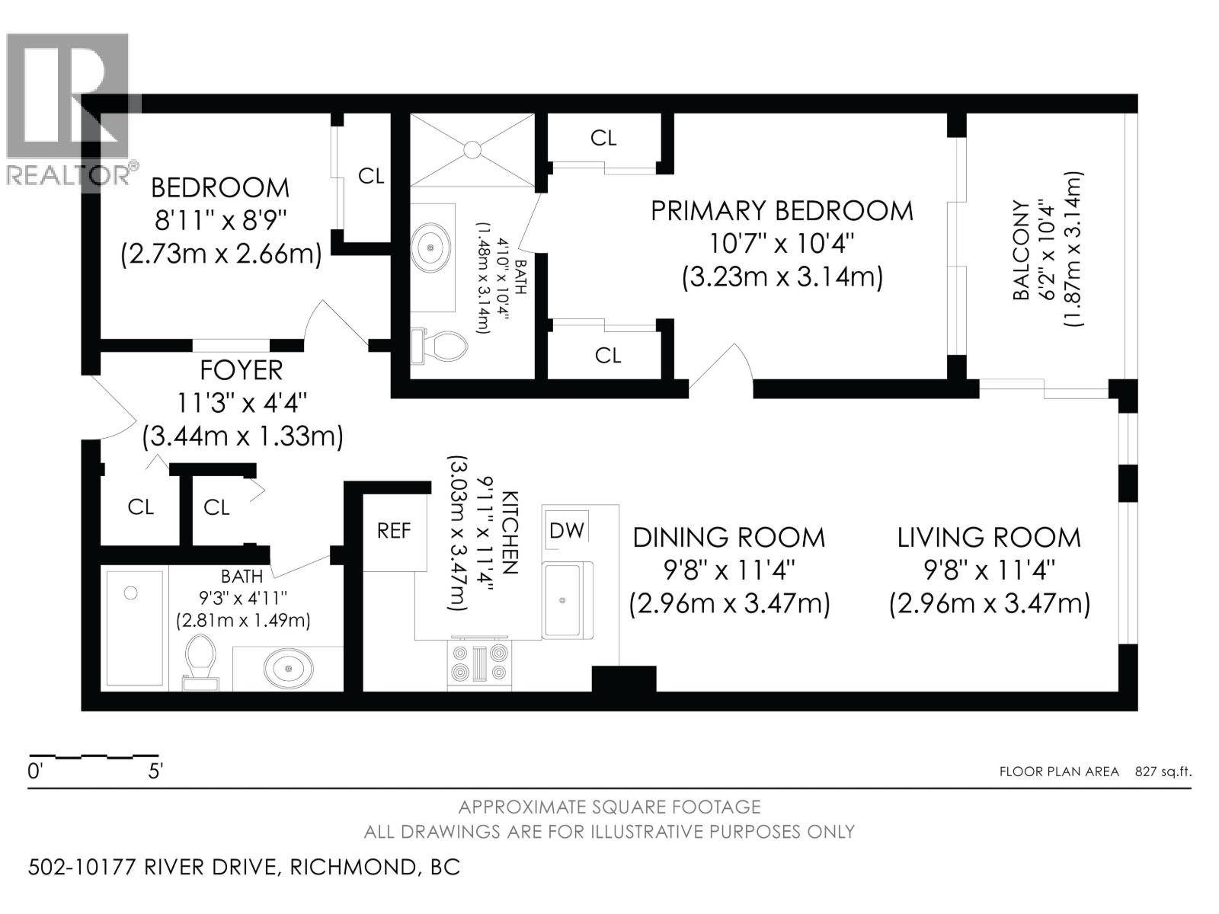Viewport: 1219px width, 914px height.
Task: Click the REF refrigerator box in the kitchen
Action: pyautogui.click(x=394, y=532)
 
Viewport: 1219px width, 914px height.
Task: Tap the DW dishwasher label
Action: pyautogui.click(x=567, y=531)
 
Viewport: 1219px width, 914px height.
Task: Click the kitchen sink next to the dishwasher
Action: pyautogui.click(x=563, y=600)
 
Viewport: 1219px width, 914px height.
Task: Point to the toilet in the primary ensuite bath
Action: pyautogui.click(x=440, y=347)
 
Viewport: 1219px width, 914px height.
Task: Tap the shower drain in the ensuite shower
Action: pyautogui.click(x=472, y=149)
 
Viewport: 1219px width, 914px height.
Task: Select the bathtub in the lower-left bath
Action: pyautogui.click(x=136, y=629)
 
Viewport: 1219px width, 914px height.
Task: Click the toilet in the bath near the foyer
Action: pyautogui.click(x=201, y=662)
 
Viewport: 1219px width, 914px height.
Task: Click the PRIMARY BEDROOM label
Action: pyautogui.click(x=781, y=211)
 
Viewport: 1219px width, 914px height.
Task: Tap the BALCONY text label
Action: pyautogui.click(x=1021, y=251)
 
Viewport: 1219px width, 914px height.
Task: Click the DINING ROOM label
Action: pyautogui.click(x=728, y=538)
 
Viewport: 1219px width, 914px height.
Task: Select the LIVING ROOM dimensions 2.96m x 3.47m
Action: pyautogui.click(x=989, y=604)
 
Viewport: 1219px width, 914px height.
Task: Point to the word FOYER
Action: pyautogui.click(x=241, y=370)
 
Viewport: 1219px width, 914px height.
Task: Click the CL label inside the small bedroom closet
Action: pyautogui.click(x=371, y=176)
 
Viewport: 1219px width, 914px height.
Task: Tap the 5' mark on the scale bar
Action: pyautogui.click(x=155, y=772)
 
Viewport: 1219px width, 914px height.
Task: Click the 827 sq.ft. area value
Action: pyautogui.click(x=1163, y=772)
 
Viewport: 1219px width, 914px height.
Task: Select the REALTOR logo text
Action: pyautogui.click(x=69, y=175)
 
